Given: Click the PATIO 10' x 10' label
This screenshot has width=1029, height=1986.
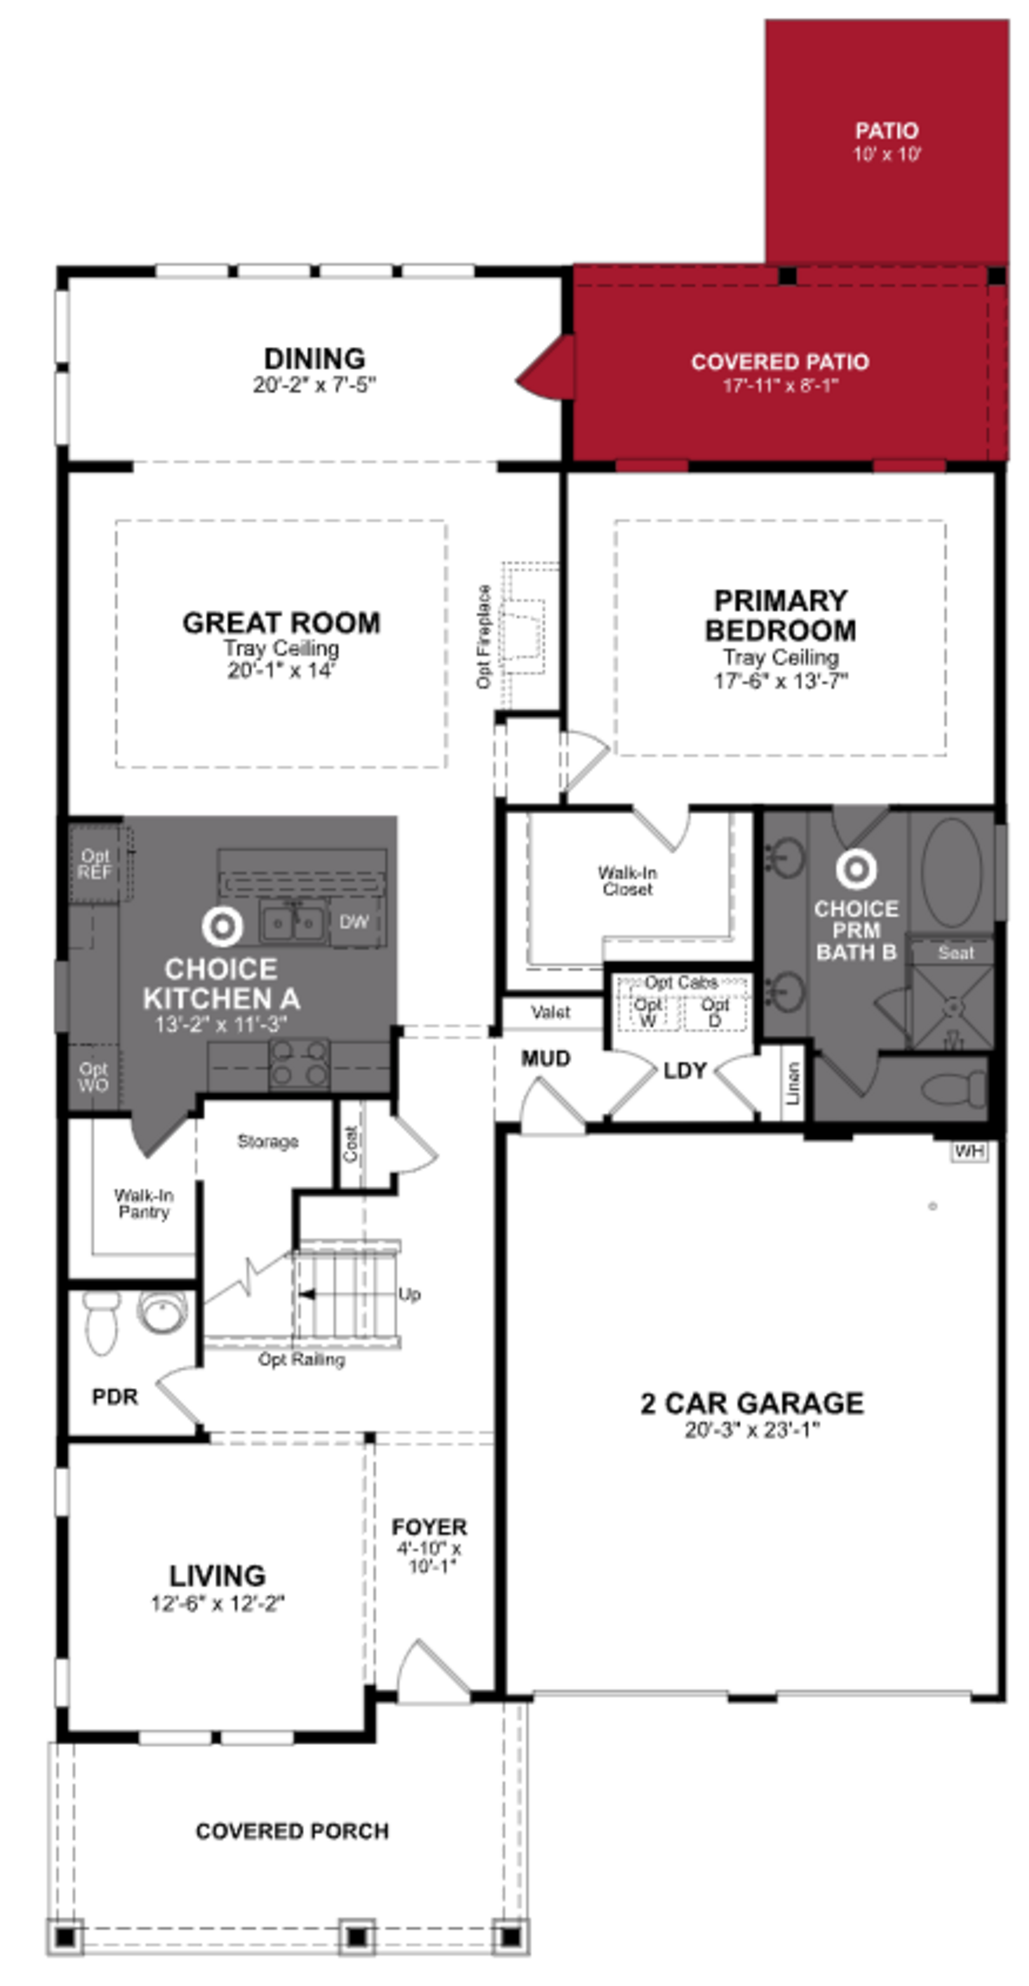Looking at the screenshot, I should pos(886,141).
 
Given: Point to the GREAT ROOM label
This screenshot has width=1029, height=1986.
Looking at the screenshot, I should pos(281,623).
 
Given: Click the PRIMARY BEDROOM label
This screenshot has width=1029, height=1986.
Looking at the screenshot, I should pos(780,615).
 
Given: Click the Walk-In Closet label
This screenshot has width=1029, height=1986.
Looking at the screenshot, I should pos(627,880).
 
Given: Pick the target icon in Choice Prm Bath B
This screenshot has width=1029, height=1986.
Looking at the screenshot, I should pos(856,869).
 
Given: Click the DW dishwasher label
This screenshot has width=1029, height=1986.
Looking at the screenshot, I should pos(354,921).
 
